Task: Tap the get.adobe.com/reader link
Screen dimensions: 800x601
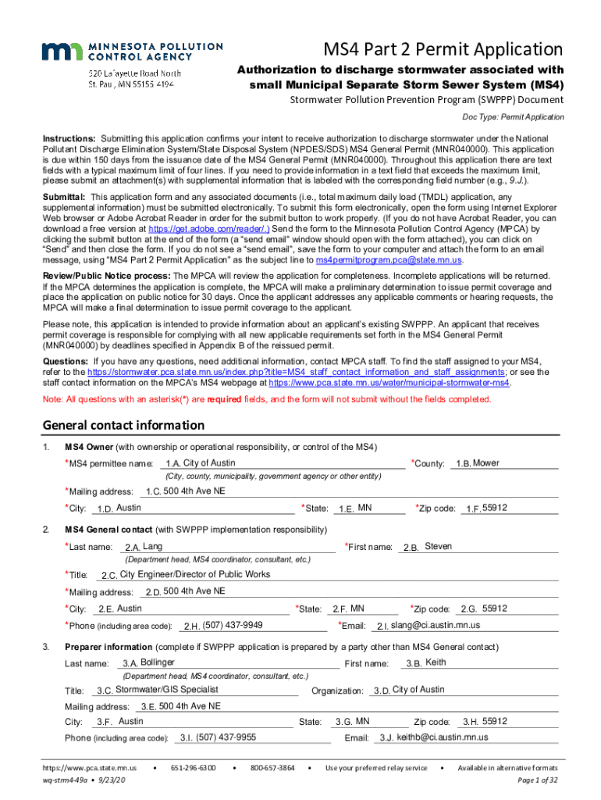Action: click(209, 229)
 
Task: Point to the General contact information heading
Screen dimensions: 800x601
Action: click(123, 426)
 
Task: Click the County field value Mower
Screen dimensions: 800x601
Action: click(486, 463)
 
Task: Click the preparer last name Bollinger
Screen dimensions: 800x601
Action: click(152, 662)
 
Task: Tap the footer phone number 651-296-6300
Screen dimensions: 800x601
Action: click(194, 768)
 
